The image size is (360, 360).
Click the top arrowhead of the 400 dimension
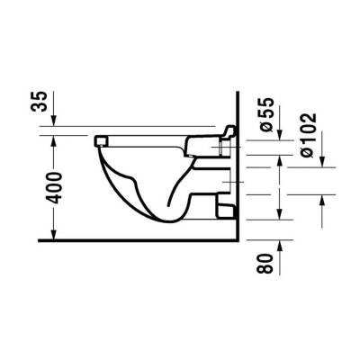(x=52, y=139)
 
